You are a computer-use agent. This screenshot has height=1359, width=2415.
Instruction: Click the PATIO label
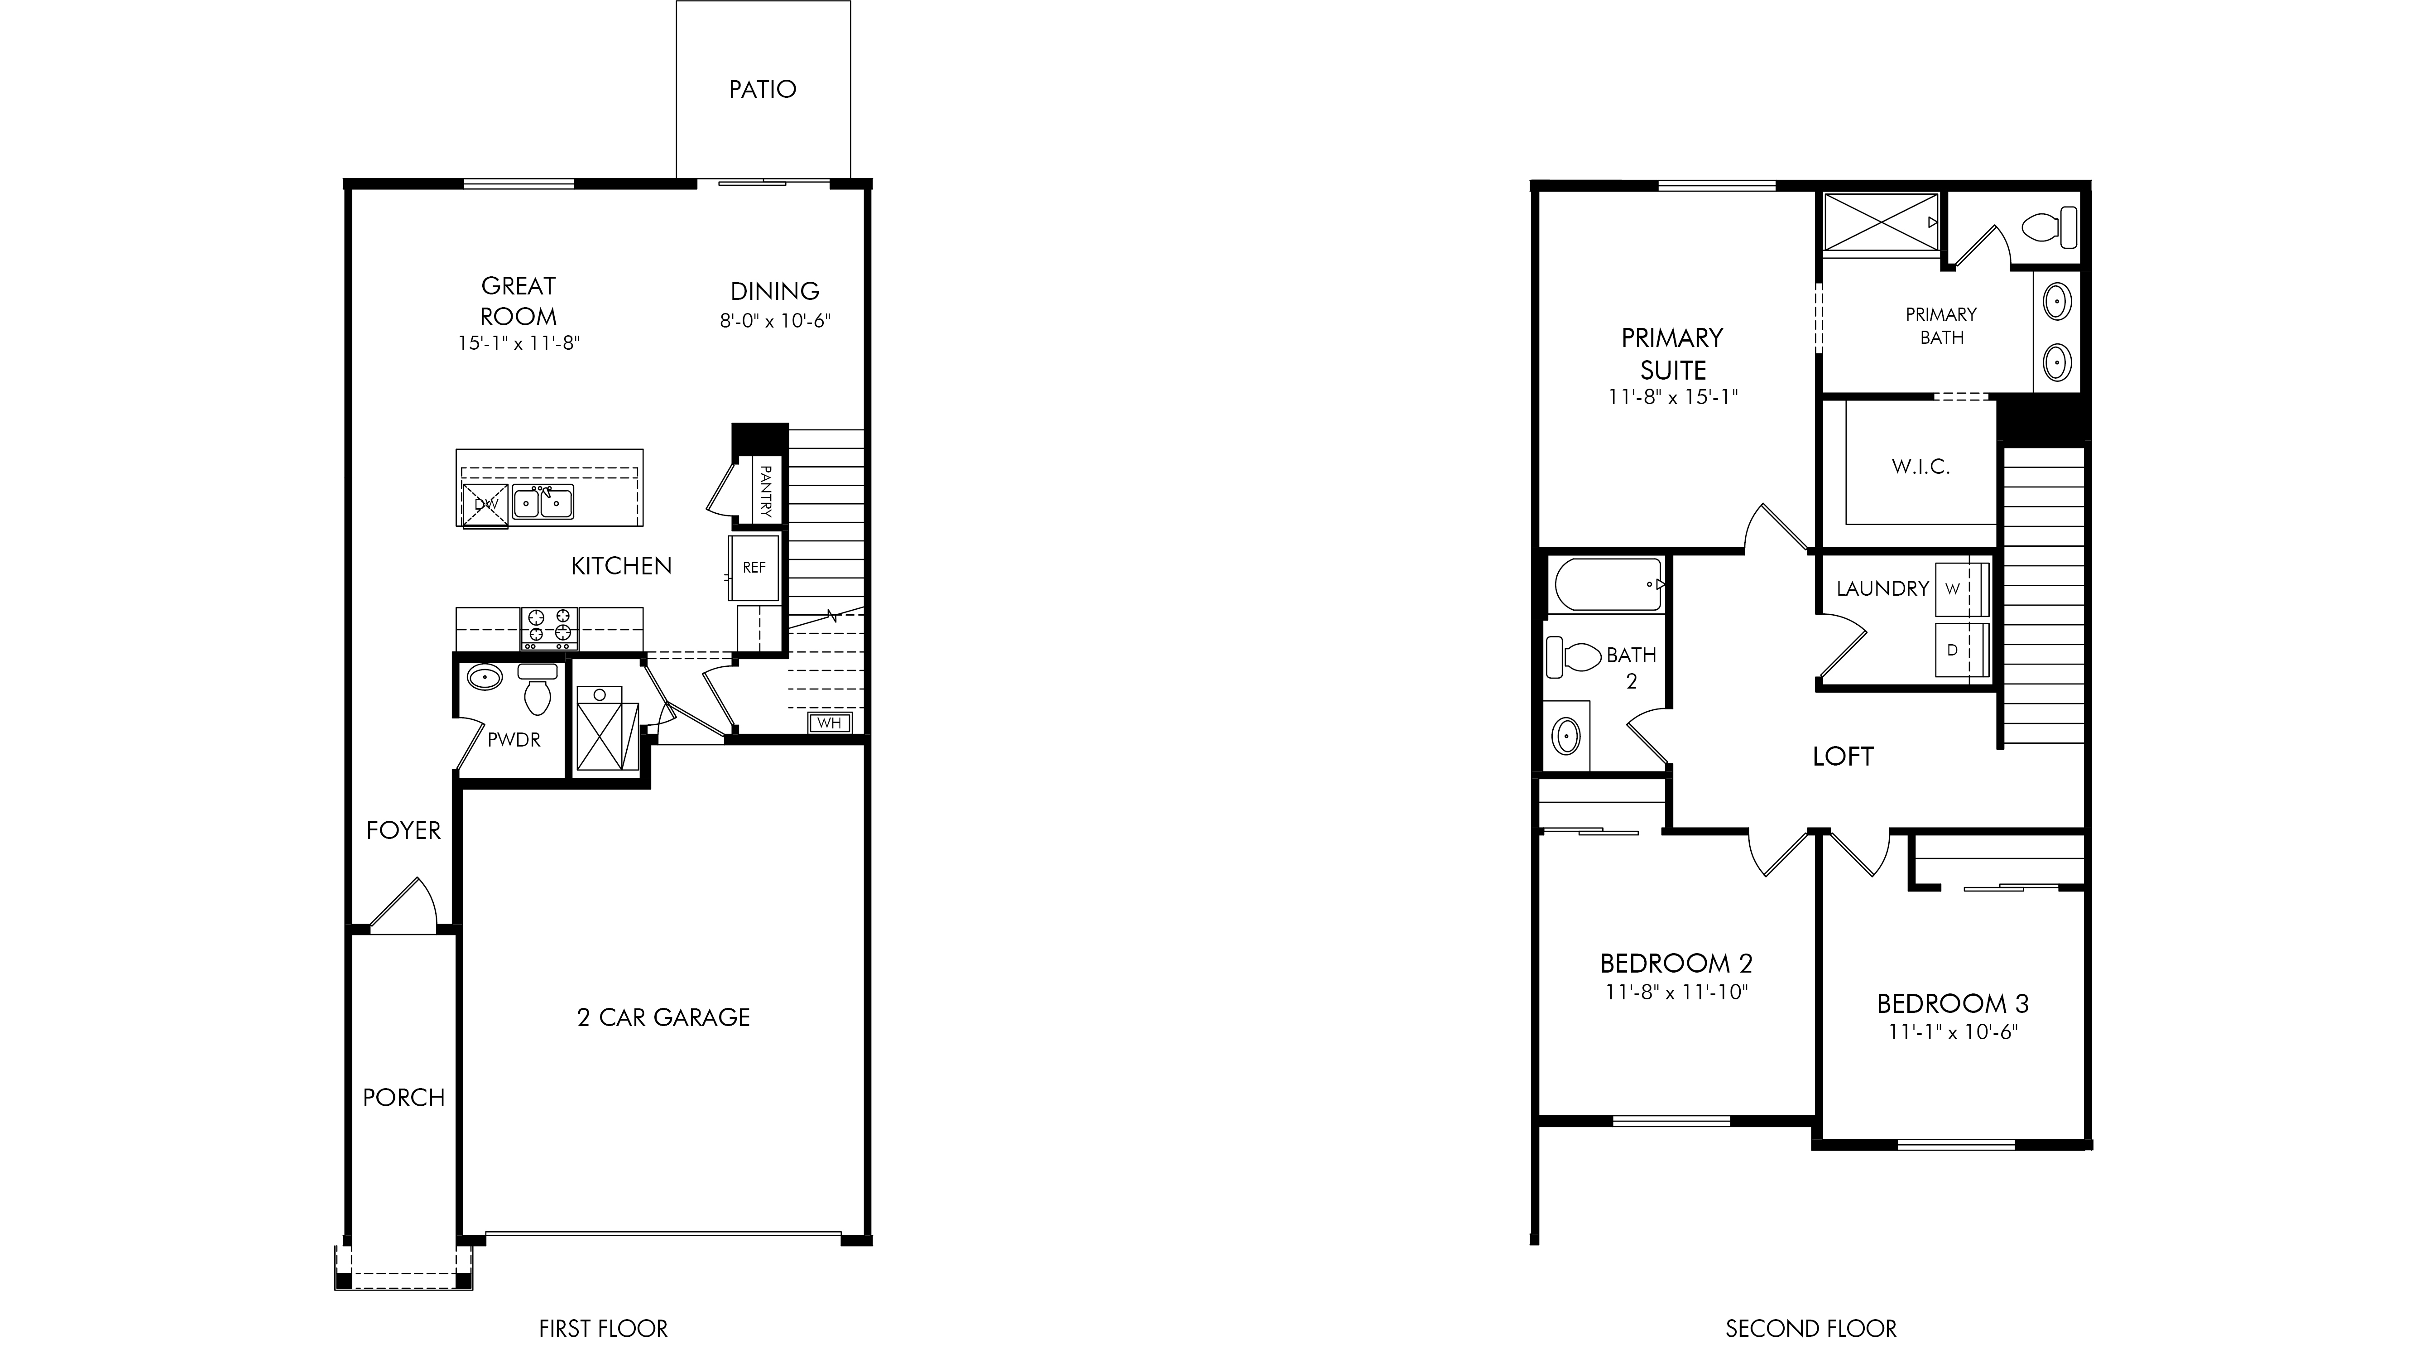(762, 89)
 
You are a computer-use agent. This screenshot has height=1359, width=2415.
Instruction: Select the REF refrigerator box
(754, 568)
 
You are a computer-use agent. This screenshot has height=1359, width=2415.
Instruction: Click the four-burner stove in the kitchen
(549, 628)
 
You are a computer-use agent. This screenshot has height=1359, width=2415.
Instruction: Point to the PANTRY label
(765, 492)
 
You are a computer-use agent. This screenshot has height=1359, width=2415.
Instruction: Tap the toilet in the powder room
(537, 690)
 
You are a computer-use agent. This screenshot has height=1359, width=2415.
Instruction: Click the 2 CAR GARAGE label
(664, 1017)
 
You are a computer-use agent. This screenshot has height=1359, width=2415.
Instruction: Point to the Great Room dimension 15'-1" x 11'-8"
(519, 343)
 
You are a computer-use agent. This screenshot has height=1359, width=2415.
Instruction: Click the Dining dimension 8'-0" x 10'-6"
(775, 321)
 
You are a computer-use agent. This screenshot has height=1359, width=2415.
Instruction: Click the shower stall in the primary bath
(1881, 222)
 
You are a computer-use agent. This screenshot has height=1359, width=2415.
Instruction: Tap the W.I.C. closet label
(1921, 466)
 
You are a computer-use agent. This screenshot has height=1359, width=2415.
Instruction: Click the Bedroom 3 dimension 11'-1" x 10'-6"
(1953, 1033)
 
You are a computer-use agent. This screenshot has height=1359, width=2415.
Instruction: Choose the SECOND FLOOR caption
(1811, 1329)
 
